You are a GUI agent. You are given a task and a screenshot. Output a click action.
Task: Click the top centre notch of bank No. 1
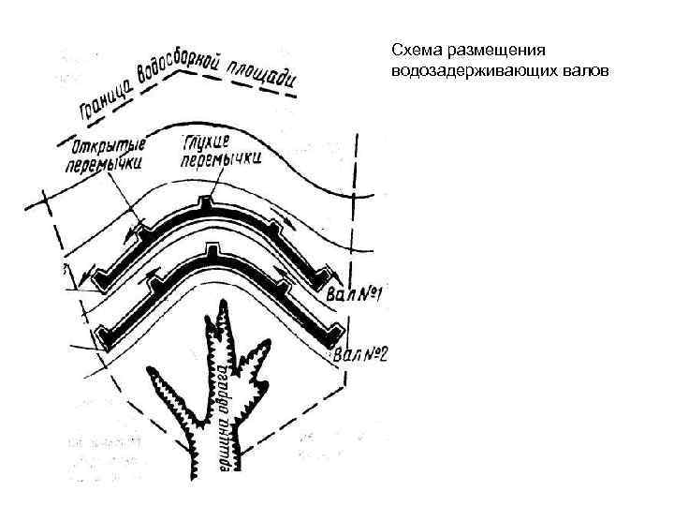207,203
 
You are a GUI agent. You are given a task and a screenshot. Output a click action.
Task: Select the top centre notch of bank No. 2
213,254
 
